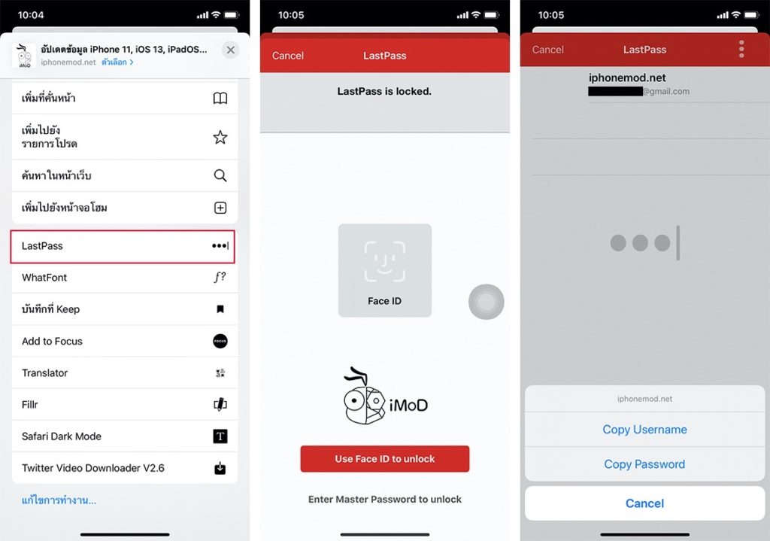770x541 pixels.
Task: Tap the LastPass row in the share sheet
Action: (123, 246)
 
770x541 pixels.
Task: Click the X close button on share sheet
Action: (230, 50)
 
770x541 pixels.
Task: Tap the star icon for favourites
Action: (220, 137)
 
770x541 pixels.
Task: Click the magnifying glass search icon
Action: (220, 175)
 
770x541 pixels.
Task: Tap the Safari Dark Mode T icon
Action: (220, 436)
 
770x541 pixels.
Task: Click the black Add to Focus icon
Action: (220, 341)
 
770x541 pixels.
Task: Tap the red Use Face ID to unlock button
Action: (384, 459)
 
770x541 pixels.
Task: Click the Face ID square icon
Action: (384, 270)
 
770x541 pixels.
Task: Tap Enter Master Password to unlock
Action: (384, 499)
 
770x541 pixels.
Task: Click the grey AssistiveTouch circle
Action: (487, 302)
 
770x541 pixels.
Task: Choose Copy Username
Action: (644, 430)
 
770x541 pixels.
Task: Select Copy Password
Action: (644, 464)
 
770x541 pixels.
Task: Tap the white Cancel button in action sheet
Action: (644, 503)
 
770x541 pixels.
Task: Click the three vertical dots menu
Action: (741, 49)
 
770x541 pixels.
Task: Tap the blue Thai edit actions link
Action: (59, 500)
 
